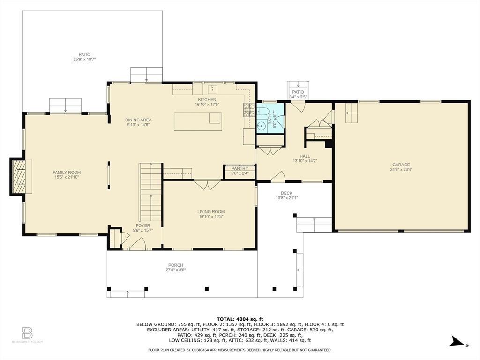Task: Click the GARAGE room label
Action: pos(401,165)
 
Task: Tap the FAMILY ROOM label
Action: pos(67,172)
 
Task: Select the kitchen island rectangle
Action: pos(198,121)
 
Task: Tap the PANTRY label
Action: pos(240,168)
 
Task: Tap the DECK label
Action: pos(286,193)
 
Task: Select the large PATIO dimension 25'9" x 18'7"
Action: pos(88,60)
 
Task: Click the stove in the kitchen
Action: pos(248,110)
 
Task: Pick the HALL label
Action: pos(305,157)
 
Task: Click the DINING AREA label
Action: pos(139,120)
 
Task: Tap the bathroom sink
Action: pos(261,125)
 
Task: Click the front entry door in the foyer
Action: pos(136,244)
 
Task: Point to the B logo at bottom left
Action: pos(27,333)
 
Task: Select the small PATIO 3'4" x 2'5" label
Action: pos(298,92)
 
